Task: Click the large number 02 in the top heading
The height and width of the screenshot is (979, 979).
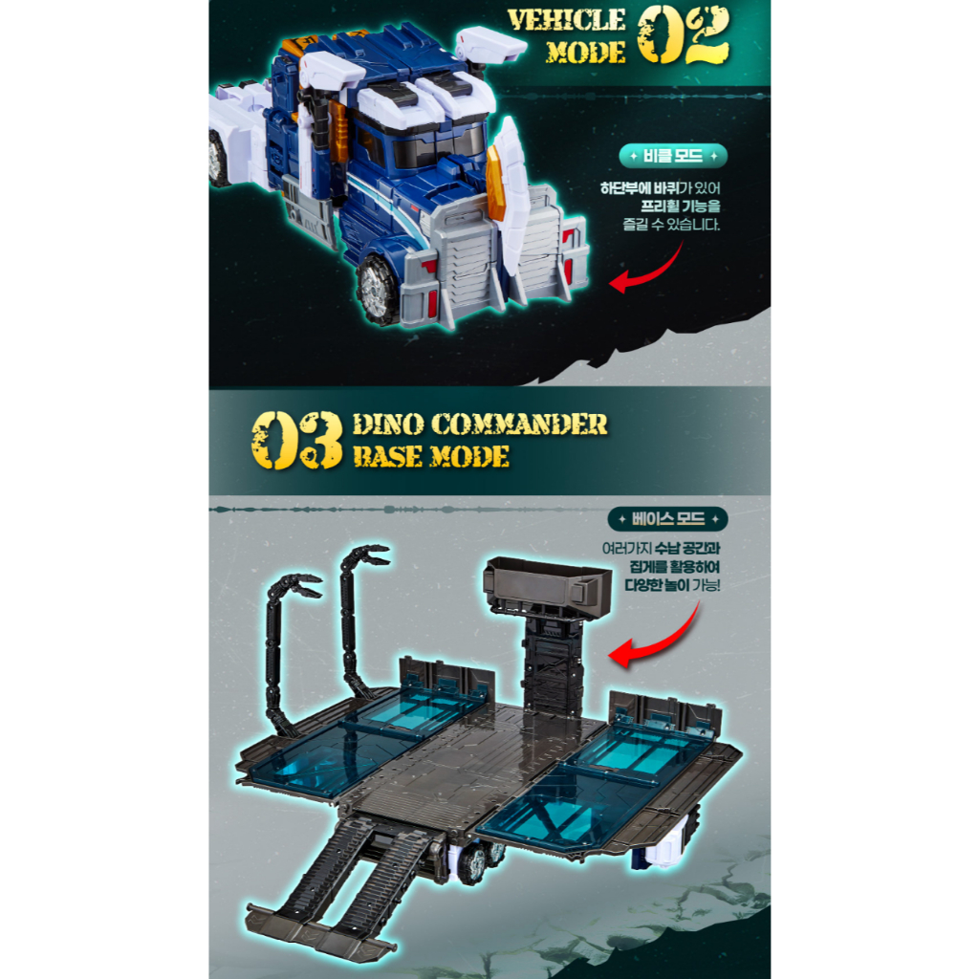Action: point(683,36)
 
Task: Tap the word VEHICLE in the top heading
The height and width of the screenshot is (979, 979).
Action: point(566,21)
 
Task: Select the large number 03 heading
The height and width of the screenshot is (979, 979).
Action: point(296,440)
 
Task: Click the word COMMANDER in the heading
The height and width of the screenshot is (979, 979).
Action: point(518,424)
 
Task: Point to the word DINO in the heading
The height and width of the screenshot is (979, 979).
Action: point(388,424)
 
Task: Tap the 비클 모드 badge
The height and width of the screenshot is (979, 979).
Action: point(673,156)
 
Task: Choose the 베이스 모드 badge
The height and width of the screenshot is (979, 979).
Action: point(667,519)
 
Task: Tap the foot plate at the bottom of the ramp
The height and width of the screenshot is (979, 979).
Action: point(319,930)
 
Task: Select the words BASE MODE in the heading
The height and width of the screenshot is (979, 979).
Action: point(431,456)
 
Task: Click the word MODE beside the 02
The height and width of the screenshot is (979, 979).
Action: point(586,53)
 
